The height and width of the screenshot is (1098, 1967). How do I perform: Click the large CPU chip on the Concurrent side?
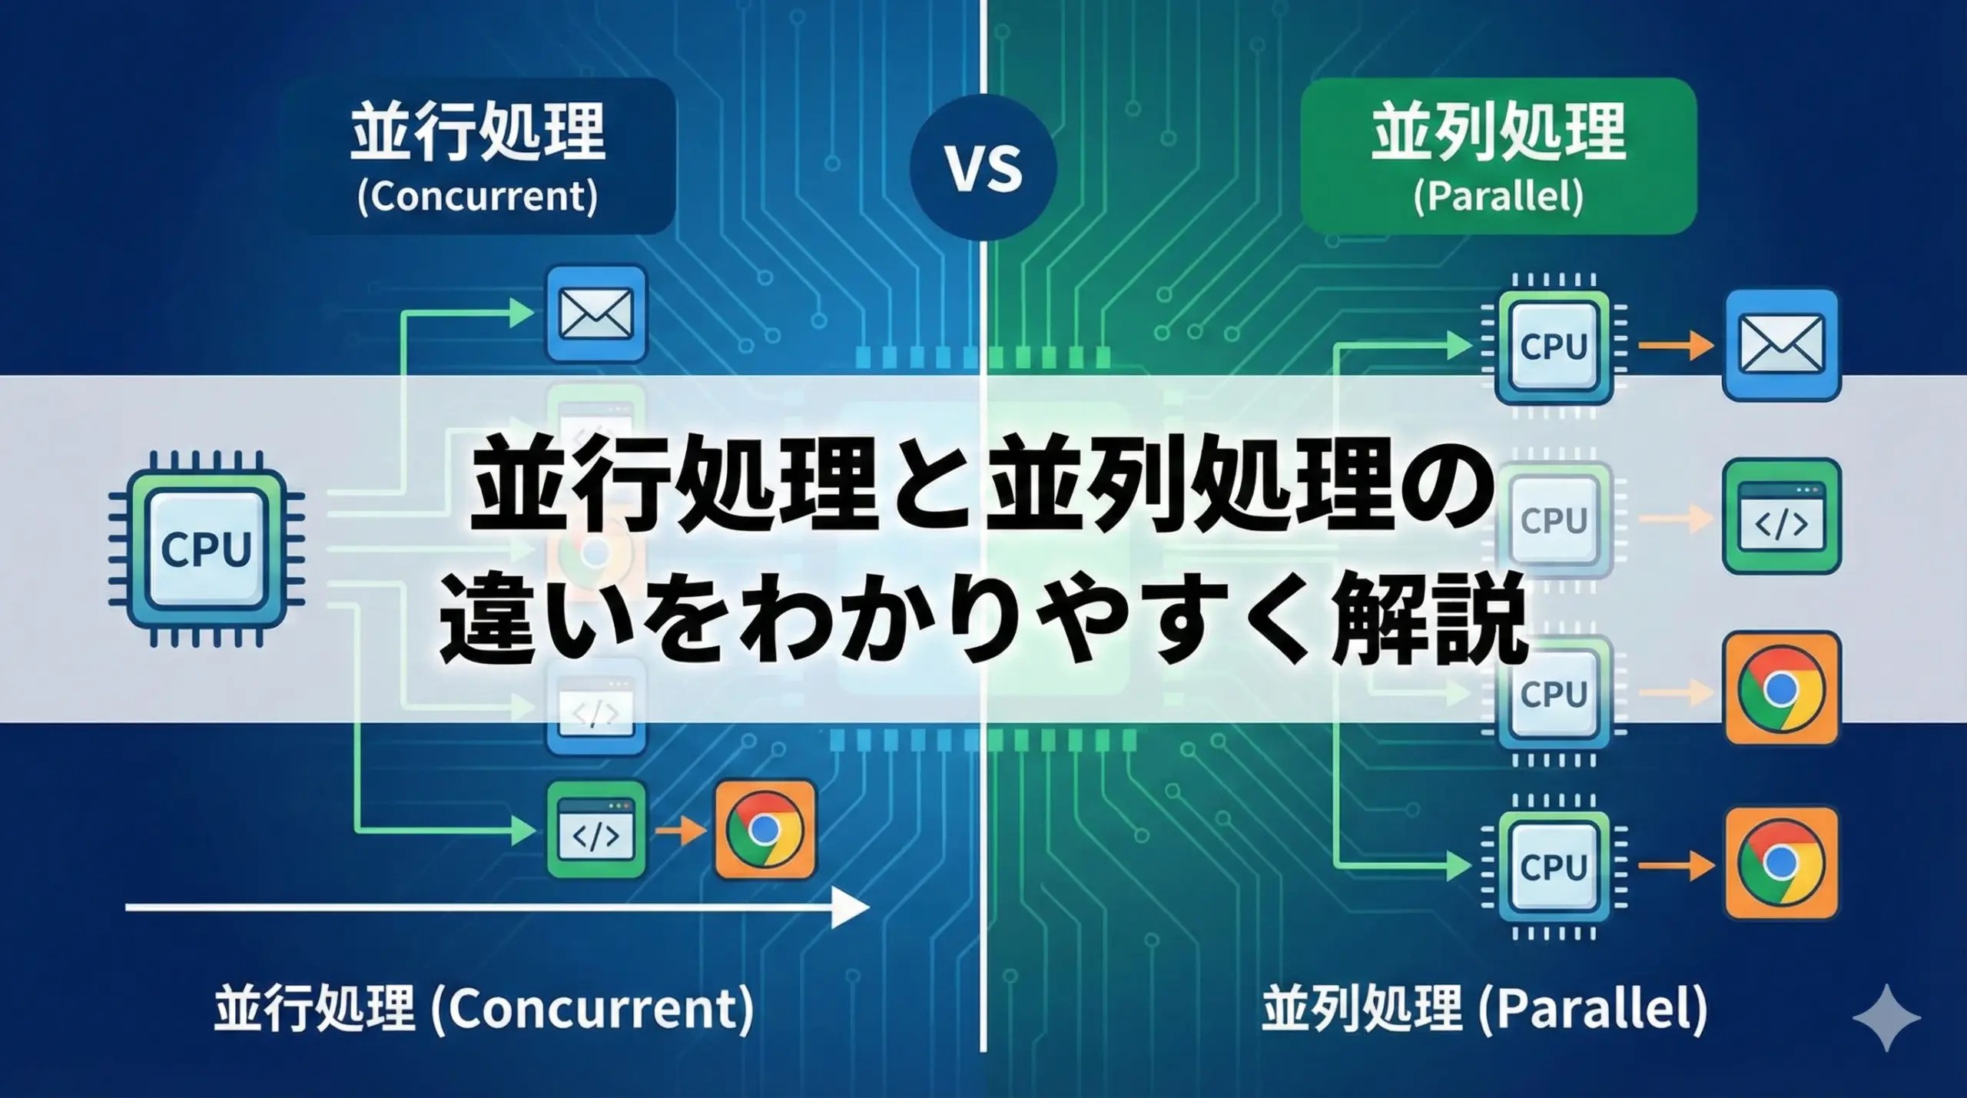206,549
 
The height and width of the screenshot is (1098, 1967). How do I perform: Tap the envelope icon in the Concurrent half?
596,313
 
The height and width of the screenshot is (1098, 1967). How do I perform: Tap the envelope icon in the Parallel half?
1781,344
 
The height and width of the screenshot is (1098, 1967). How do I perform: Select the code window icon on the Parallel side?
1781,517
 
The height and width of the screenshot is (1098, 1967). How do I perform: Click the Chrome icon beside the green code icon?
765,829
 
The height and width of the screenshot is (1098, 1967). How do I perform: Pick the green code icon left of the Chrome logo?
596,829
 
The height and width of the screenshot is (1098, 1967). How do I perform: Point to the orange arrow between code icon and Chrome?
681,830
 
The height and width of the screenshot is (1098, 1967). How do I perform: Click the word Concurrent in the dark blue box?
477,197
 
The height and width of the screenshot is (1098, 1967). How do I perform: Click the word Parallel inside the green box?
1498,197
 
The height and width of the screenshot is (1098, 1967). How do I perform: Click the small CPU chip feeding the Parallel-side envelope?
1554,346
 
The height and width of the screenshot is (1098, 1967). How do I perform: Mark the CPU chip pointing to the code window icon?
1554,520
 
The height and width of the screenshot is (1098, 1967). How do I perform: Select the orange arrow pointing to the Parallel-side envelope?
1675,346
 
